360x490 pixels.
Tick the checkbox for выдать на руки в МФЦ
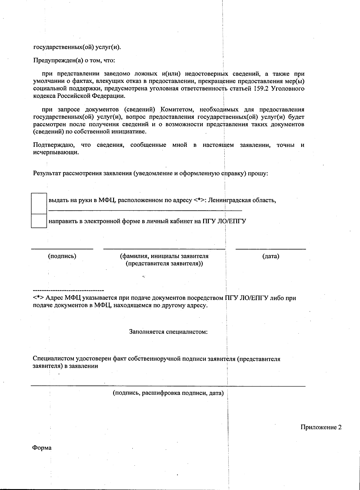[x=39, y=204]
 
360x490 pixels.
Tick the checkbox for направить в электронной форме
[x=39, y=221]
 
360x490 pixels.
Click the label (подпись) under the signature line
[x=62, y=256]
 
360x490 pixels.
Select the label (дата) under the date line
[x=271, y=256]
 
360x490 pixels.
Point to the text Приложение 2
[x=321, y=427]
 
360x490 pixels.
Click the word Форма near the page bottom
[x=42, y=448]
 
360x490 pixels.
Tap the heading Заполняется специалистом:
[x=168, y=332]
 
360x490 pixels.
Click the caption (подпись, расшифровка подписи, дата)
[x=168, y=393]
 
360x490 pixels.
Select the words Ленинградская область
[x=242, y=200]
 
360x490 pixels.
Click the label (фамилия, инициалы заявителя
[x=164, y=256]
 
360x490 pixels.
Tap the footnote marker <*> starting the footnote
[x=38, y=298]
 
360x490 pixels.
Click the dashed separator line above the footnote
[x=68, y=291]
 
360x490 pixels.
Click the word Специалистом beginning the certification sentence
[x=53, y=359]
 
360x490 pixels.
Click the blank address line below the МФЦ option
[x=145, y=210]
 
